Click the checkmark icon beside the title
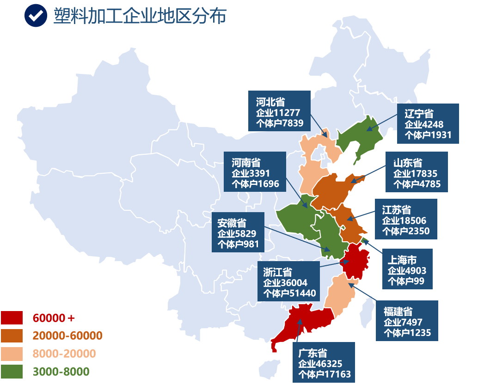36,16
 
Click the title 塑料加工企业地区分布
140,16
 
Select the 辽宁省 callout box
428,124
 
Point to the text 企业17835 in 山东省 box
415,174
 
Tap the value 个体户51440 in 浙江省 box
289,293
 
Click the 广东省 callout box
324,362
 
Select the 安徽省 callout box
238,232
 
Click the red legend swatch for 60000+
12,318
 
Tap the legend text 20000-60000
67,336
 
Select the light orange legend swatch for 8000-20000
12,354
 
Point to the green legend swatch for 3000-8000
12,371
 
